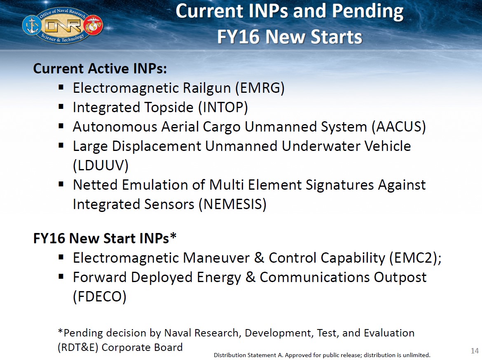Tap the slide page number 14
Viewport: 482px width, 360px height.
click(x=474, y=351)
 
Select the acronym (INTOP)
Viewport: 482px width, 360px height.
click(x=223, y=108)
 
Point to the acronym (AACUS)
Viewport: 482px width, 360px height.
click(x=398, y=127)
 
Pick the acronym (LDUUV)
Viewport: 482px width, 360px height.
click(x=101, y=166)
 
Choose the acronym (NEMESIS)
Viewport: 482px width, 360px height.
click(x=232, y=205)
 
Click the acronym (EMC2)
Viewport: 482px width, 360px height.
click(x=413, y=258)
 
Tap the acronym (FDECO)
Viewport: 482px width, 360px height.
click(x=99, y=297)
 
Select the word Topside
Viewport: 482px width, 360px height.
click(x=169, y=108)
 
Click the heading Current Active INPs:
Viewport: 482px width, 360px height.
click(x=100, y=68)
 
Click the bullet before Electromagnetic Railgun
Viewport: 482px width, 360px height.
click(x=61, y=87)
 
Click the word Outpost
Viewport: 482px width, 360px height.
click(x=400, y=278)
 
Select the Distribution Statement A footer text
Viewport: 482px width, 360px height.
click(x=322, y=355)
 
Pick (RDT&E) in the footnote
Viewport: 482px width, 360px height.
click(x=78, y=347)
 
